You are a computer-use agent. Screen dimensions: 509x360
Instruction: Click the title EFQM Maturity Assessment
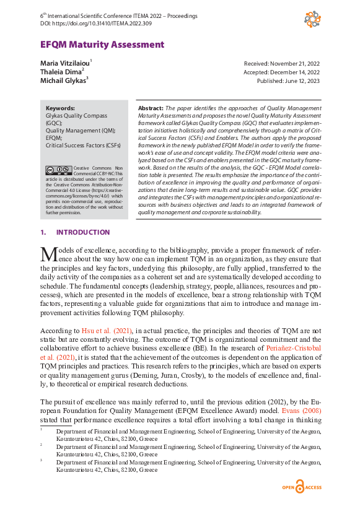pyautogui.click(x=102, y=45)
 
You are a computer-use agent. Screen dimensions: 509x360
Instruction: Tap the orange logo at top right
pyautogui.click(x=312, y=19)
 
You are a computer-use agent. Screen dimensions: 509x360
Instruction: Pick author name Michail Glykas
pyautogui.click(x=63, y=79)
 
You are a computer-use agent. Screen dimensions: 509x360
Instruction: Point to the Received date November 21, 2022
pyautogui.click(x=283, y=64)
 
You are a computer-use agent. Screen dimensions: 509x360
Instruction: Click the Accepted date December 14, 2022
pyautogui.click(x=283, y=72)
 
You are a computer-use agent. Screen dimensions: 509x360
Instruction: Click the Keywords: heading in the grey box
pyautogui.click(x=60, y=108)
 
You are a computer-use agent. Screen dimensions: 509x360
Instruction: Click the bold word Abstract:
pyautogui.click(x=151, y=108)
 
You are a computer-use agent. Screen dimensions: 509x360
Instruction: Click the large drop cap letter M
pyautogui.click(x=48, y=254)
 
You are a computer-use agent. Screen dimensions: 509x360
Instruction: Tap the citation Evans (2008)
pyautogui.click(x=301, y=410)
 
